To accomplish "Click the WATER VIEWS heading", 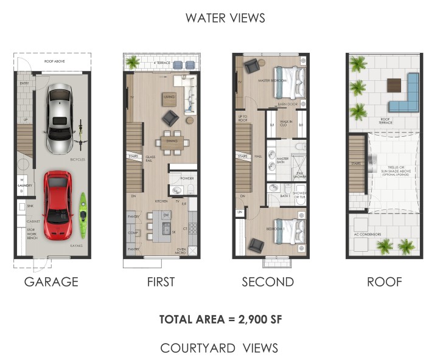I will click(x=225, y=18).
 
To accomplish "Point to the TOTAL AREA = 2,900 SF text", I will click(x=219, y=319).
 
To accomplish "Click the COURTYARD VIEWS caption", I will click(x=219, y=348).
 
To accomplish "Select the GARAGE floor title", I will click(x=51, y=282).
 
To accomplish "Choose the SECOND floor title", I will click(x=268, y=282).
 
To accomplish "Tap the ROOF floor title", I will click(x=384, y=282).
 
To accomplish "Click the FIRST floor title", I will click(x=161, y=282).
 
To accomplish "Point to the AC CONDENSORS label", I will click(x=369, y=234).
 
